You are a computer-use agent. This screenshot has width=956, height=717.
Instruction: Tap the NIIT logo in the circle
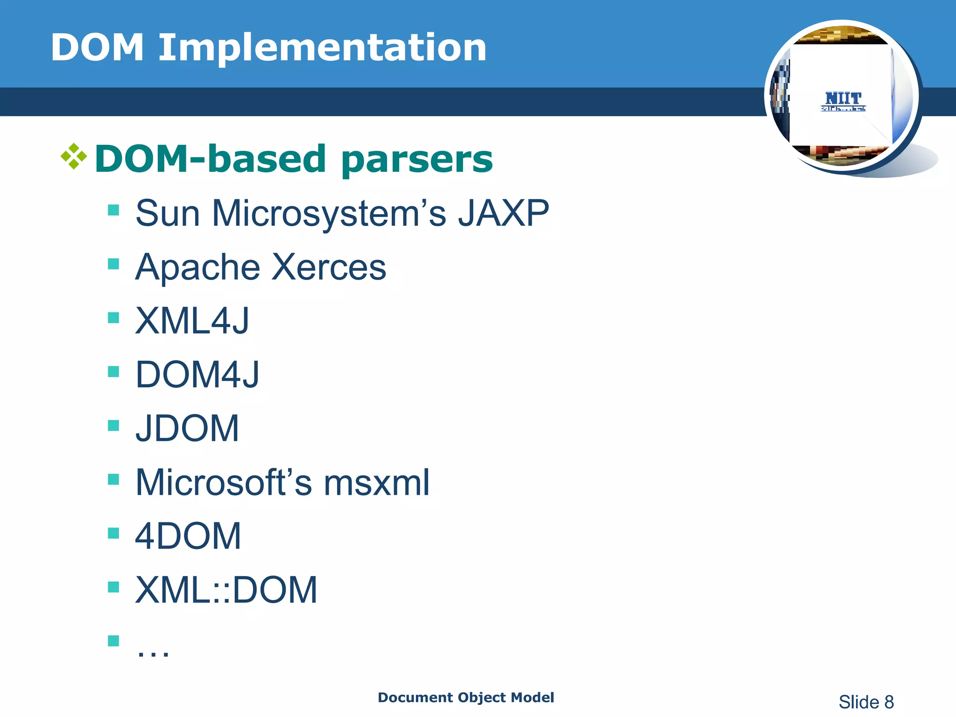pyautogui.click(x=843, y=101)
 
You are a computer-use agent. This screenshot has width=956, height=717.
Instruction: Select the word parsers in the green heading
pyautogui.click(x=417, y=160)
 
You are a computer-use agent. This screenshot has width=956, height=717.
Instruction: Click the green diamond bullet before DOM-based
pyautogui.click(x=74, y=156)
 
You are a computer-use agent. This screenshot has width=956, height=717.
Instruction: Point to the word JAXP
pyautogui.click(x=503, y=213)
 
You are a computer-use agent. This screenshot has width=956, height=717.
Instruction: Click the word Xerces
pyautogui.click(x=329, y=267)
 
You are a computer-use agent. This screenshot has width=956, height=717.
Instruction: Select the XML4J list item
pyautogui.click(x=192, y=321)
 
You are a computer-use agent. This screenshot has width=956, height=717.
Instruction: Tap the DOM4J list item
pyautogui.click(x=197, y=375)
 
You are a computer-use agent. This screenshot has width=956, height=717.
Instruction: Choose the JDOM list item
pyautogui.click(x=187, y=429)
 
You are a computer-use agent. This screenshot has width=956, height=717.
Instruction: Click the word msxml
pyautogui.click(x=376, y=483)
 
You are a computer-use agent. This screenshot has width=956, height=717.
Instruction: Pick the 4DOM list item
pyautogui.click(x=188, y=536)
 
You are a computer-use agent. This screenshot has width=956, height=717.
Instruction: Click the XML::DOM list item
pyautogui.click(x=226, y=590)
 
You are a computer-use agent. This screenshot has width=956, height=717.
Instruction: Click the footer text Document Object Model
pyautogui.click(x=465, y=697)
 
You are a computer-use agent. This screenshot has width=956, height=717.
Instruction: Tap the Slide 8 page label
pyautogui.click(x=866, y=702)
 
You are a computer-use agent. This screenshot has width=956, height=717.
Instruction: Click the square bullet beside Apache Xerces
pyautogui.click(x=113, y=264)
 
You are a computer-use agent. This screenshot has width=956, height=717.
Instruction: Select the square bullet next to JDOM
pyautogui.click(x=113, y=425)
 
